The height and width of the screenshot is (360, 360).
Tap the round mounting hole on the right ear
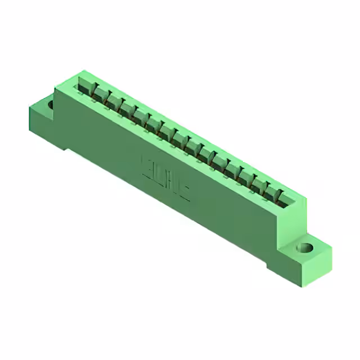point(305,247)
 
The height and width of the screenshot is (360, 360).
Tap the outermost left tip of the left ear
point(28,110)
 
